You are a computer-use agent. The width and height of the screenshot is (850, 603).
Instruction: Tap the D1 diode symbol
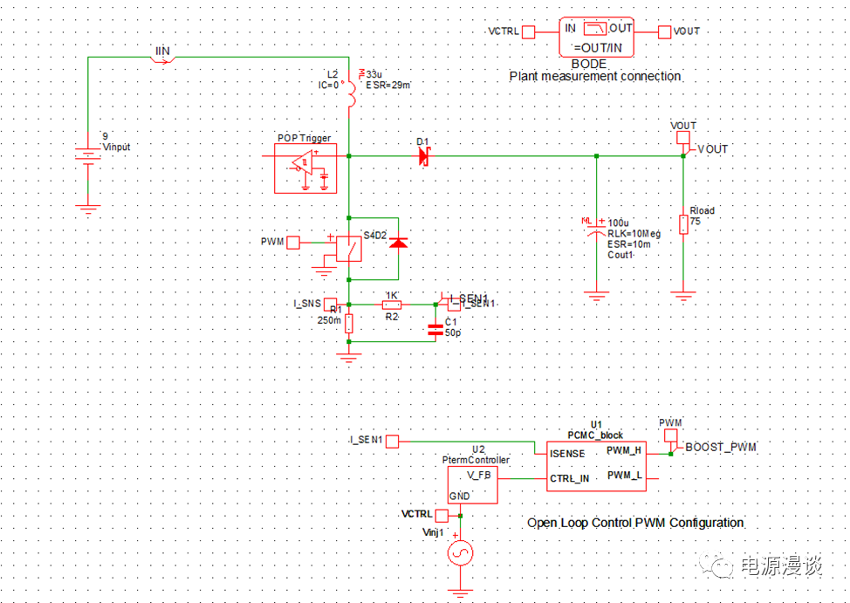[424, 156]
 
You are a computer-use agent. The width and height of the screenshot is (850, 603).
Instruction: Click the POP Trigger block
[305, 168]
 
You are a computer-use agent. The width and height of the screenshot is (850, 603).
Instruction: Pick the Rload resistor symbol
[683, 225]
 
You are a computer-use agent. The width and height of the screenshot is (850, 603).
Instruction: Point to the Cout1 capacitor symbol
[596, 230]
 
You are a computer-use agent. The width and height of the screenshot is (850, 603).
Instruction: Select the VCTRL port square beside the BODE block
[528, 31]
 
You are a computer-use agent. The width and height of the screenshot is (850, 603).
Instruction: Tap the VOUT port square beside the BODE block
[665, 31]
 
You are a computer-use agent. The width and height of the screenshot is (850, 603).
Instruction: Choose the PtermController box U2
[472, 484]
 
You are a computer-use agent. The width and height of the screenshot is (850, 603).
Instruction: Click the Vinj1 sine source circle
[459, 552]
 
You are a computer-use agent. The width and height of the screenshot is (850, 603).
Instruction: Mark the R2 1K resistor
[392, 305]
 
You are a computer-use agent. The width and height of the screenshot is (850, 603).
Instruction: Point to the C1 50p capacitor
[435, 329]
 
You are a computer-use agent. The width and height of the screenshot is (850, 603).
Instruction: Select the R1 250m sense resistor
[349, 324]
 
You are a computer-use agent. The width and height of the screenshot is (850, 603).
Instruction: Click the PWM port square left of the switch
[293, 242]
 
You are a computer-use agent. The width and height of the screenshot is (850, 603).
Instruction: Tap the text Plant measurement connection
[595, 77]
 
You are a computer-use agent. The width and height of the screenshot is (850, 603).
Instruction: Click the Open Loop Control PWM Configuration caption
[635, 523]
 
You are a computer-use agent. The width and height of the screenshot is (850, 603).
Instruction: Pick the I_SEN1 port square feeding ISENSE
[393, 442]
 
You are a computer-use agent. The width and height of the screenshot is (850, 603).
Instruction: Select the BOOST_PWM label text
[721, 448]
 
